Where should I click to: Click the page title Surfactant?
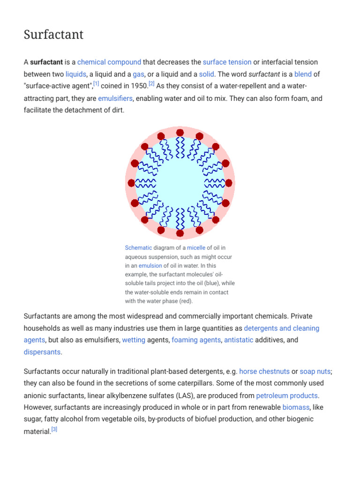point(53,35)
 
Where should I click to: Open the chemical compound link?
point(109,62)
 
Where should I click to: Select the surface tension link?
point(227,62)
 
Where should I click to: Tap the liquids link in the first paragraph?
point(75,74)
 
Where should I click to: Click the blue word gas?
point(138,74)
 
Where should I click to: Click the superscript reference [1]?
point(96,84)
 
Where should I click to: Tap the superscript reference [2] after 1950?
point(151,84)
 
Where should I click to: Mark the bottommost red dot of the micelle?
point(180,233)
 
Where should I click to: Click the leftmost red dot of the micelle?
point(131,183)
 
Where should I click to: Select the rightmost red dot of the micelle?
point(229,183)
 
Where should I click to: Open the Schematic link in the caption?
point(138,247)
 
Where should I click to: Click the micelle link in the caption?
point(196,247)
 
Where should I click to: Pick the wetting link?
point(134,340)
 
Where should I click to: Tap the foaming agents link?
point(196,340)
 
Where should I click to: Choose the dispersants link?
point(42,352)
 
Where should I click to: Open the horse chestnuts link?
point(264,371)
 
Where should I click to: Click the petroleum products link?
point(287,396)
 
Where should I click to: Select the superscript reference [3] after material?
point(54,429)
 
